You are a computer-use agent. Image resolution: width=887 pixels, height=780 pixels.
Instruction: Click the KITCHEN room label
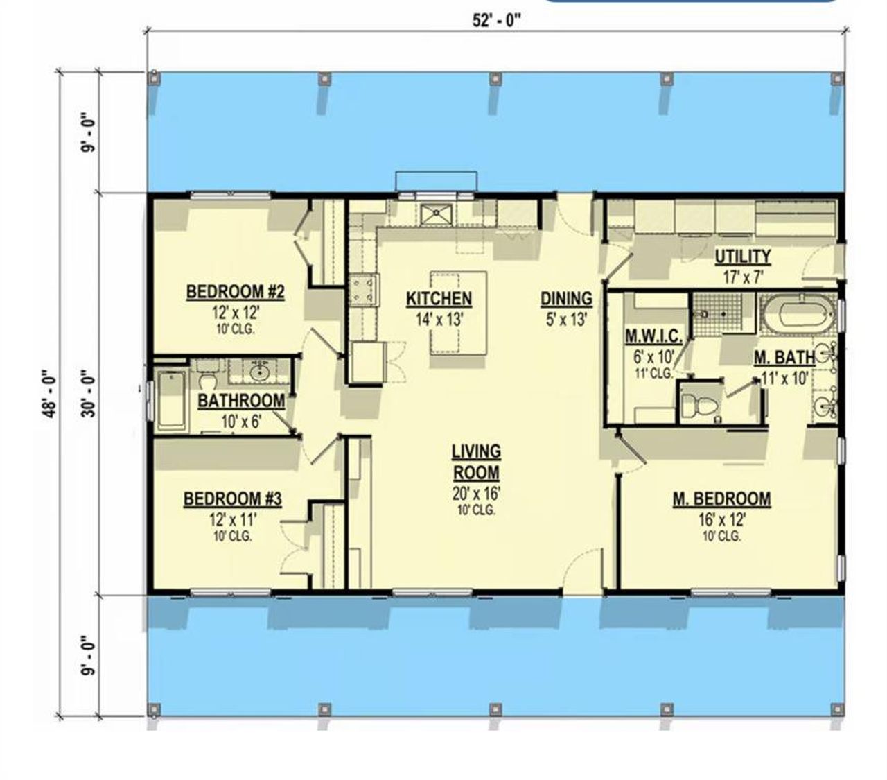tap(439, 299)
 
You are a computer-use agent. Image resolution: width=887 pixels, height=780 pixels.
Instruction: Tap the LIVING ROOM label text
tap(476, 462)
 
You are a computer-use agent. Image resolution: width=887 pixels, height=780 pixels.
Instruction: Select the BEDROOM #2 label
tap(235, 293)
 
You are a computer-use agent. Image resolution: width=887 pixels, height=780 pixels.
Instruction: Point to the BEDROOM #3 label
tap(232, 499)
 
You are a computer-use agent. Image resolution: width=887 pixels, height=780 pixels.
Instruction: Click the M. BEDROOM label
tap(721, 499)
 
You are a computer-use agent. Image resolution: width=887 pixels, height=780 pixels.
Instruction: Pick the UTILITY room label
tap(742, 257)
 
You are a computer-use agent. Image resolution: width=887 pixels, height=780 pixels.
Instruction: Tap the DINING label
tap(566, 299)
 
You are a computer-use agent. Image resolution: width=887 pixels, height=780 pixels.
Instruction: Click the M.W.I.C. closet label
tap(653, 338)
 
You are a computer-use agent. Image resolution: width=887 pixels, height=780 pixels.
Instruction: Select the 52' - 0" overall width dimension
tap(496, 20)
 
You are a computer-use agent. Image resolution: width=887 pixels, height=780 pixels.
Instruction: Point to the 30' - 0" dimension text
tap(88, 392)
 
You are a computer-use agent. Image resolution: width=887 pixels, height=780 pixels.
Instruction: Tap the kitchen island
tap(458, 313)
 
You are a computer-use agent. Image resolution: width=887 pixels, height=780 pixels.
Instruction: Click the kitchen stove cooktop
tap(364, 291)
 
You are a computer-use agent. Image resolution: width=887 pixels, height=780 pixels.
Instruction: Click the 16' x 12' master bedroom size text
tap(721, 519)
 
